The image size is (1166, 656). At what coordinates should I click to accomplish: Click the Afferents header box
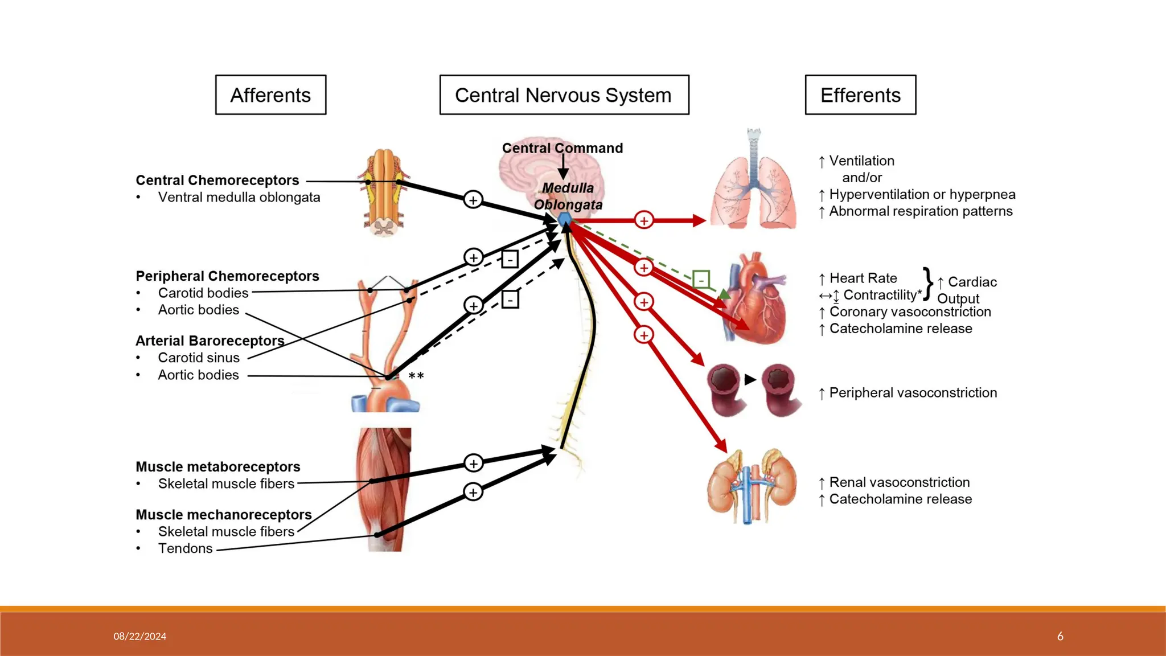pos(270,95)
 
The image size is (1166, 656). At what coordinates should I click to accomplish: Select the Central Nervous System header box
pos(564,95)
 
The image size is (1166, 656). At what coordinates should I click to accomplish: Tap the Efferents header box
pos(860,95)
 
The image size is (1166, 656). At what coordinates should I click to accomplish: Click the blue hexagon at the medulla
pos(564,219)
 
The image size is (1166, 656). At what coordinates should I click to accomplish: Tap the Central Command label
pos(562,148)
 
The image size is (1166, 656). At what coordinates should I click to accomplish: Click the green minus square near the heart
pos(701,279)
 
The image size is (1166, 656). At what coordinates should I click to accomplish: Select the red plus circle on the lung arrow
pos(643,220)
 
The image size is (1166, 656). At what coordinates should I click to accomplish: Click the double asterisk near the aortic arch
pos(416,376)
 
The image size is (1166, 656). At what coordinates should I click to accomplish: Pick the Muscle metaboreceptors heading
pos(217,467)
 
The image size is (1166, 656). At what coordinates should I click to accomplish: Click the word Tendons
pos(185,548)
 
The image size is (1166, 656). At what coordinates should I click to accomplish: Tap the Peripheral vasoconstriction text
pos(913,393)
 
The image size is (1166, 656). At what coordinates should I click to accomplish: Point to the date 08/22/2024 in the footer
pos(139,636)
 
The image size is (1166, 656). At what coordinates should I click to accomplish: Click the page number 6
pos(1060,636)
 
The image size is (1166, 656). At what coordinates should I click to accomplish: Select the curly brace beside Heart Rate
pos(928,283)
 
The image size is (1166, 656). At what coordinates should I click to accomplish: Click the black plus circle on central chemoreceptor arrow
pos(473,200)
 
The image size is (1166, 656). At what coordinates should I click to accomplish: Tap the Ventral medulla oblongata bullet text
pos(239,198)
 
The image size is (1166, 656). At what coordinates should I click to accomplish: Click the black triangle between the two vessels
pos(750,379)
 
